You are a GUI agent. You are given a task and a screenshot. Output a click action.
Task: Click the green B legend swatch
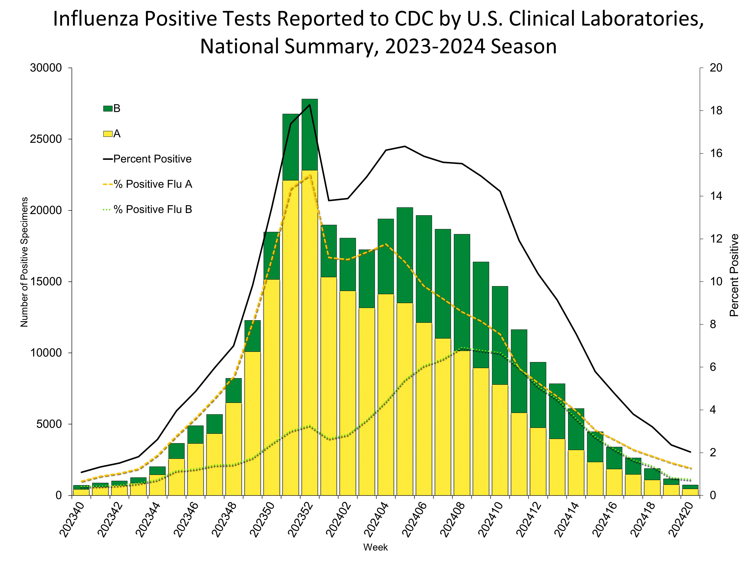(x=108, y=109)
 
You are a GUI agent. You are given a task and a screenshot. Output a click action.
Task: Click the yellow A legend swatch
(x=108, y=134)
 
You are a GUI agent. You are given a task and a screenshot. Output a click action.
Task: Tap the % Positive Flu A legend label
(x=153, y=184)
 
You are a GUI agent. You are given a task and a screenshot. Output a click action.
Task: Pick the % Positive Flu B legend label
(x=153, y=209)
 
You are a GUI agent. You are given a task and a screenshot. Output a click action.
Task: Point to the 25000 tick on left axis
(x=46, y=139)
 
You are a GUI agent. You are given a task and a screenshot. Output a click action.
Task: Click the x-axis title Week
(x=375, y=547)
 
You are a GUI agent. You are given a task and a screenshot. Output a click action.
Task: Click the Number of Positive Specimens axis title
(x=24, y=262)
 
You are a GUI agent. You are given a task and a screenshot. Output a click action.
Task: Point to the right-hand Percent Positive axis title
(x=734, y=275)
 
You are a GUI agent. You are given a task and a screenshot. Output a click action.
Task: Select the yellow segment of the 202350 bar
(x=272, y=386)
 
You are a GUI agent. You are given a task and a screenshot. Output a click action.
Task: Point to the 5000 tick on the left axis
(x=49, y=424)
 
